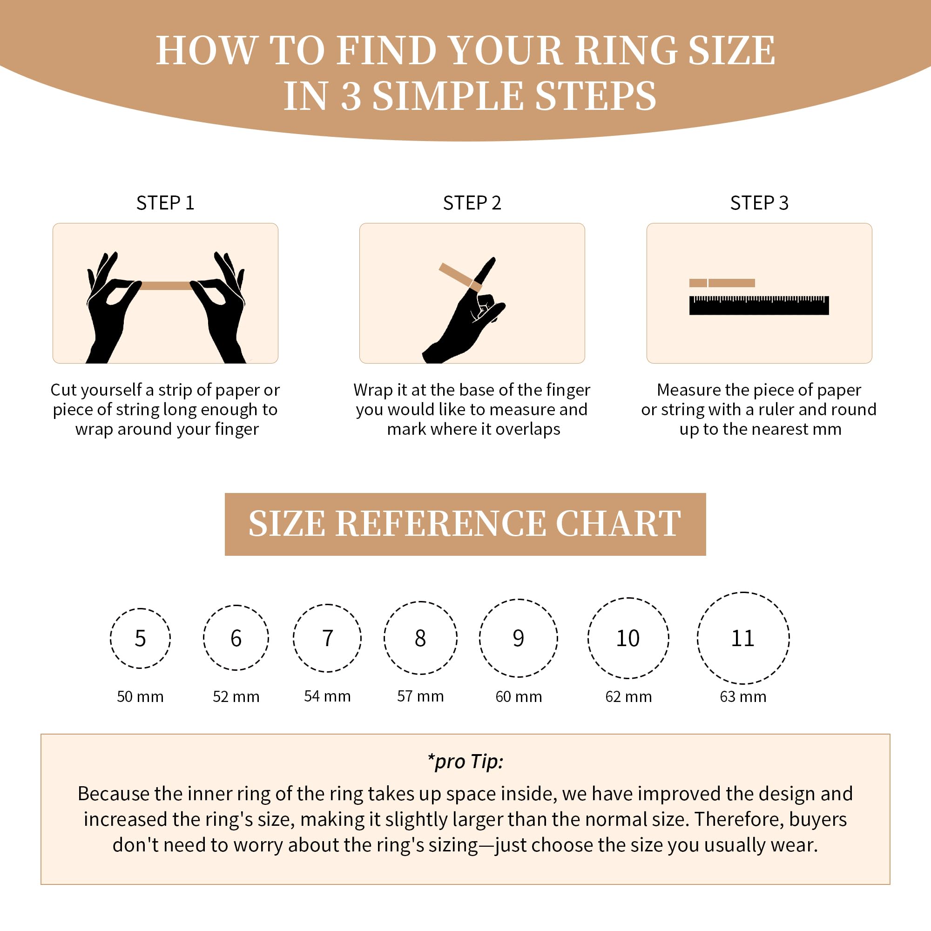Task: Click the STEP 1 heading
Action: pos(165,203)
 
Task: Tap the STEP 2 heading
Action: pos(472,203)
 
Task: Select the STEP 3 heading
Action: pos(759,203)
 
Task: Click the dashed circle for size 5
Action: pos(110,639)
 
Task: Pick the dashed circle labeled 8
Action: pos(385,638)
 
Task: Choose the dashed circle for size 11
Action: pos(698,638)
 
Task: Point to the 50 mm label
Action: pos(140,697)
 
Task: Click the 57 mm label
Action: pos(421,696)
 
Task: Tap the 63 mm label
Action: pos(743,697)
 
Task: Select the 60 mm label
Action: pos(519,697)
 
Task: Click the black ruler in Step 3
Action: pos(759,306)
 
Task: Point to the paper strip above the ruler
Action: pos(722,283)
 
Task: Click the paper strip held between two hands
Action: pos(165,285)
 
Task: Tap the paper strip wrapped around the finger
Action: pos(460,277)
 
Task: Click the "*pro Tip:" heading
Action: pos(465,762)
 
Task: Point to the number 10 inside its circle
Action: pos(628,639)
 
